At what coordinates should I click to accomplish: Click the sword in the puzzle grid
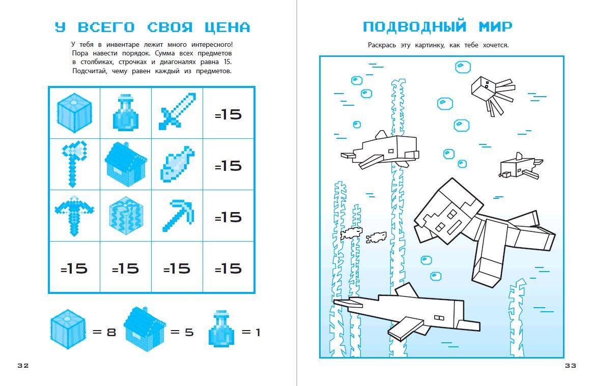[x=177, y=111]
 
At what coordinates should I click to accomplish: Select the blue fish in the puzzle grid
[x=177, y=163]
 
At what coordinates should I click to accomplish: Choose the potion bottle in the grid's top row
[x=126, y=113]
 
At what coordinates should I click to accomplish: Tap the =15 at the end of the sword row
[x=228, y=114]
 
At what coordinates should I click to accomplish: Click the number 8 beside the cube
[x=111, y=332]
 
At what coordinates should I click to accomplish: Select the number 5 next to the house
[x=189, y=332]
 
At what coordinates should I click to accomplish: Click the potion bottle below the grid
[x=221, y=329]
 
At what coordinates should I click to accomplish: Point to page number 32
[x=23, y=365]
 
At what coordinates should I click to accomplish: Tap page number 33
[x=571, y=365]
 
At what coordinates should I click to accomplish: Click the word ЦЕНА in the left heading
[x=228, y=27]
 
